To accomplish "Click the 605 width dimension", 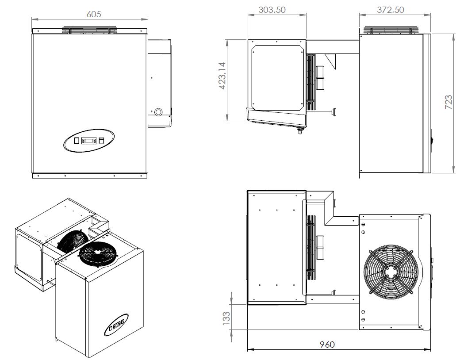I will (94, 14).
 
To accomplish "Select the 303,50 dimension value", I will (272, 10).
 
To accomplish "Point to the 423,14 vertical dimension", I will (222, 76).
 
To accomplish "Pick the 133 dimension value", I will (226, 317).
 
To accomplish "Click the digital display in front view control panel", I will (88, 141).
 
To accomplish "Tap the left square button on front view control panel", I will (76, 141).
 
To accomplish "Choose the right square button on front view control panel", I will (101, 141).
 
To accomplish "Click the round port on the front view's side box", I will (157, 111).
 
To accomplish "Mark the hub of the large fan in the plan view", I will (389, 271).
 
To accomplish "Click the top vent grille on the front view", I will (90, 31).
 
